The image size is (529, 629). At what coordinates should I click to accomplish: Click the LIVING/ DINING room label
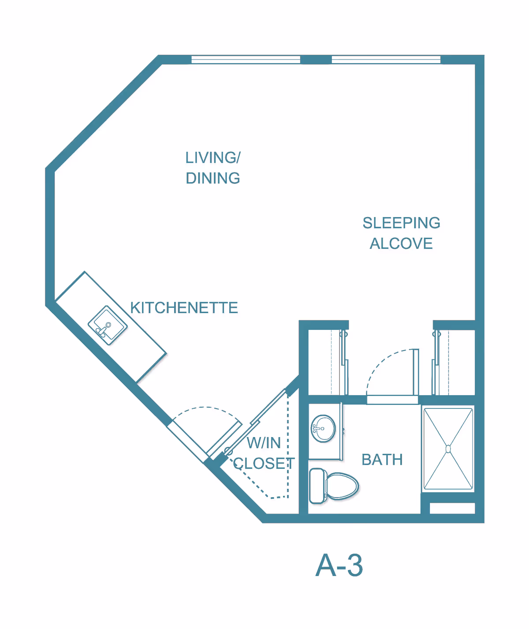click(212, 168)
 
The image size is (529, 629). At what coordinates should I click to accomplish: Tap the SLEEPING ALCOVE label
click(401, 233)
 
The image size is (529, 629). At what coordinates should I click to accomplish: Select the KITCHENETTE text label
click(184, 308)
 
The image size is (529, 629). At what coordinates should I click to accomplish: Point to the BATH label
click(382, 460)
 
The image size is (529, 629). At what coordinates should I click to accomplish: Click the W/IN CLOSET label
click(264, 453)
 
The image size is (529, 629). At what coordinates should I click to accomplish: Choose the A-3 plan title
click(339, 565)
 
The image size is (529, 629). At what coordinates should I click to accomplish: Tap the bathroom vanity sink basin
click(324, 428)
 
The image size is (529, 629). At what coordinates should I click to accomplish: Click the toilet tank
click(317, 486)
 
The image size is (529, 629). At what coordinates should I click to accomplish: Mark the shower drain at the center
click(448, 449)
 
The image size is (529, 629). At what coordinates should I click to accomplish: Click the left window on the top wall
click(246, 60)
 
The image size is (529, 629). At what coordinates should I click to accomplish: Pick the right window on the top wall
click(386, 60)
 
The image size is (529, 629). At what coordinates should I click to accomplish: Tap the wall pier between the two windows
click(316, 60)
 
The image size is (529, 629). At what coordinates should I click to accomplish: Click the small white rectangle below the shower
click(452, 508)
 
